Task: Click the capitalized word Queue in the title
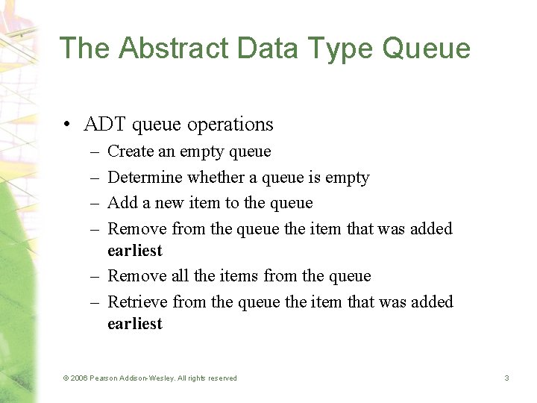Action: pyautogui.click(x=426, y=48)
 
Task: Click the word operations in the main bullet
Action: pyautogui.click(x=230, y=124)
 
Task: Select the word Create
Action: pyautogui.click(x=131, y=151)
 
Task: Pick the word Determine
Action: pyautogui.click(x=145, y=178)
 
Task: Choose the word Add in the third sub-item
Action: pyautogui.click(x=121, y=203)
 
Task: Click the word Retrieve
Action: pyautogui.click(x=137, y=302)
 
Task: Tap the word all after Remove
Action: pyautogui.click(x=180, y=276)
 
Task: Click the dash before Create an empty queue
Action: pyautogui.click(x=96, y=151)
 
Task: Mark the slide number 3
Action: pyautogui.click(x=506, y=378)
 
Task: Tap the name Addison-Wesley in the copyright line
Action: pyautogui.click(x=148, y=378)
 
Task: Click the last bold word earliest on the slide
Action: pyautogui.click(x=134, y=324)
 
